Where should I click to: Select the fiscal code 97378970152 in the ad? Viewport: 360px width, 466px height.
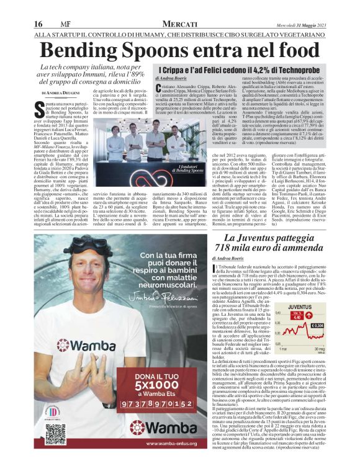(x=163, y=404)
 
